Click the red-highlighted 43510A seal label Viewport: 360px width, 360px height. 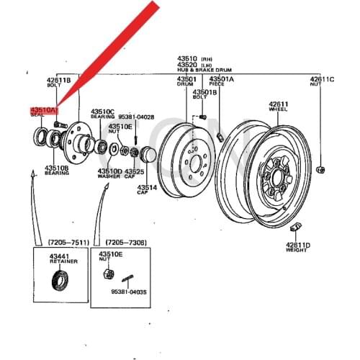coord(42,110)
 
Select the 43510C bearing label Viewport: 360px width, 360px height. coord(102,112)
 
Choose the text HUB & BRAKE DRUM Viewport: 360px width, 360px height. coord(202,71)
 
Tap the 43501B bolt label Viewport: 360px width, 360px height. coord(204,91)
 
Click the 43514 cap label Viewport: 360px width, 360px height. coord(148,186)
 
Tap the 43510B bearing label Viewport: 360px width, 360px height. coord(56,168)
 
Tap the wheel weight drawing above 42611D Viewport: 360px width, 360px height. coord(293,229)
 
